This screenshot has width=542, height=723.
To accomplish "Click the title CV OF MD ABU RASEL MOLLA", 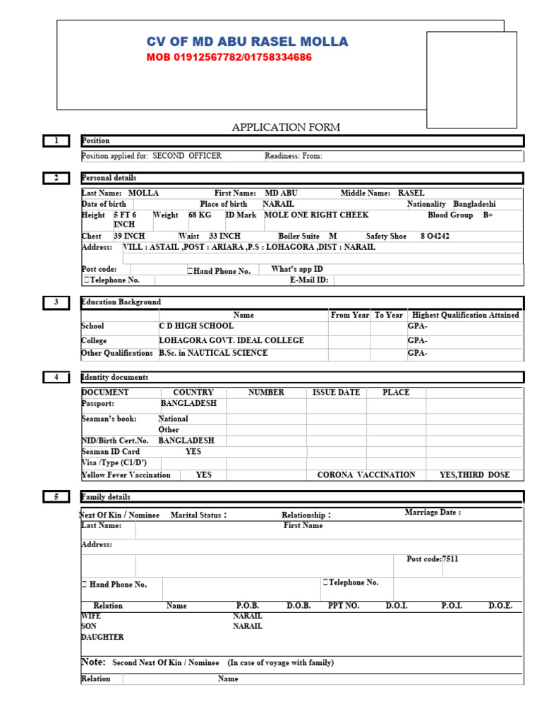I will coord(247,42).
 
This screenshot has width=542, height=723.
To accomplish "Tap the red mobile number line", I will coord(229,57).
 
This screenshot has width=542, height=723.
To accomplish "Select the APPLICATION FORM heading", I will coord(286,127).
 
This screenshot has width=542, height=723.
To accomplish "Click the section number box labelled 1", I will coord(56,141).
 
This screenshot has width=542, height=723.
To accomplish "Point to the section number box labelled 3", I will coord(56,302).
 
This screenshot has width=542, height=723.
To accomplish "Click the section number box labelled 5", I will coord(56,497).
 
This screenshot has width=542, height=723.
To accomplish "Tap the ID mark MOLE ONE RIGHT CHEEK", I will coord(316,215).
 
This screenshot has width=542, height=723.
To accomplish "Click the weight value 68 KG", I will coord(200,215).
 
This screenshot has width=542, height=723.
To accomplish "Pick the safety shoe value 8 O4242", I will coord(435,237).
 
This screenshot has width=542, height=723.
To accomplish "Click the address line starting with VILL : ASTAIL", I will coord(249,247).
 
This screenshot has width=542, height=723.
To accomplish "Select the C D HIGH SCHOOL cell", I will coord(196,326).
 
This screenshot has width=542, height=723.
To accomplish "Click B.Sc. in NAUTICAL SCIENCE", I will coord(213,353).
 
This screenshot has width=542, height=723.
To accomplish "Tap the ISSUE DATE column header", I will coord(336,393).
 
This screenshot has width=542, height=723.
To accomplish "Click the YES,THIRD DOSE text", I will coord(474,475).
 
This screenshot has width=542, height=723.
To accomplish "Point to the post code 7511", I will coord(450,558).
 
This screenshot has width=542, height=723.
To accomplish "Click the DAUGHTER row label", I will coord(102,637).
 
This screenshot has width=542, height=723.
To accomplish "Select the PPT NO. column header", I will coord(344,606).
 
